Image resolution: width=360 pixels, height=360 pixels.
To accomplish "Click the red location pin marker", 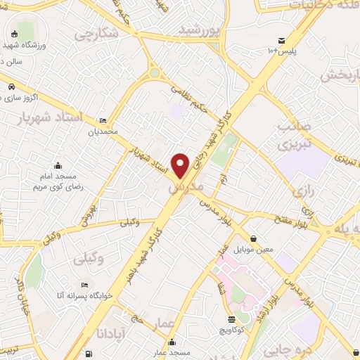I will (x=181, y=165).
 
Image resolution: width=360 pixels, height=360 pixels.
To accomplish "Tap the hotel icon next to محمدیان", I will (x=104, y=120).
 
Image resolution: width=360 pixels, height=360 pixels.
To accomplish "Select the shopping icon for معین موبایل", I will (x=252, y=238).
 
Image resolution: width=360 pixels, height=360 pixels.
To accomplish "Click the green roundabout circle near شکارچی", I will (x=154, y=72).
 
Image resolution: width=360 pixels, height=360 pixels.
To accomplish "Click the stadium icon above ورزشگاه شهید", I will (x=15, y=34).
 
